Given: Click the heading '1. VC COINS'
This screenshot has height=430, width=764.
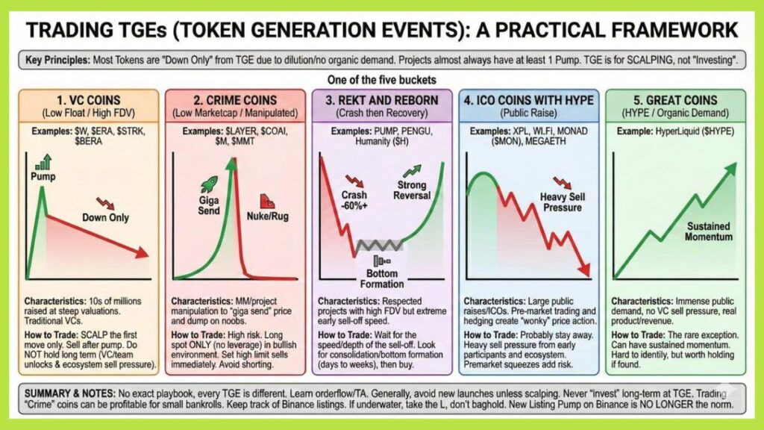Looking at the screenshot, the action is coord(89,101).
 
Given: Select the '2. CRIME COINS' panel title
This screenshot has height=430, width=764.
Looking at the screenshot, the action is coord(235,101).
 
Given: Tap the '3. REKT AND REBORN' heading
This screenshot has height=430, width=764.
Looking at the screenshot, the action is coord(382,101).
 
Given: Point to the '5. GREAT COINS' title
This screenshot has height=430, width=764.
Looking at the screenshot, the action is coord(675,101).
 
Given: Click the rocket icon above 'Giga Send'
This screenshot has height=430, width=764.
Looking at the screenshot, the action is coord(210,184).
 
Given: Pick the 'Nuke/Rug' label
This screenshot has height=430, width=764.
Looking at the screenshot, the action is coord(268,216).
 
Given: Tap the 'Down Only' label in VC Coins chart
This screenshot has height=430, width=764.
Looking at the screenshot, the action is coord(105,217).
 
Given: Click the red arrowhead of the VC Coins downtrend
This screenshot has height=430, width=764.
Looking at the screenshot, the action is coord(143,252).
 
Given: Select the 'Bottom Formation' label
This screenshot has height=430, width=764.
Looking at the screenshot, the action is coord(382,278).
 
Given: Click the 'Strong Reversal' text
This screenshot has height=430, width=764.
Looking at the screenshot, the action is coord(412,190).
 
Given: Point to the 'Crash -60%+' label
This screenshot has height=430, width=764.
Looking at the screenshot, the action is coord(354,200).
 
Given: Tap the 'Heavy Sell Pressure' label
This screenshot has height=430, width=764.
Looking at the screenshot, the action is coord(563,202).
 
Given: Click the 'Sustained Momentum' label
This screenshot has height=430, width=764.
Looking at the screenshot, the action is coord(709,231).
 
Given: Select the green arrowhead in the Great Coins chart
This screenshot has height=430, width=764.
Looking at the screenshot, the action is coord(730,169).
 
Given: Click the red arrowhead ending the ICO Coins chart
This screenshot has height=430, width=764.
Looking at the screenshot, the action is coord(584,269).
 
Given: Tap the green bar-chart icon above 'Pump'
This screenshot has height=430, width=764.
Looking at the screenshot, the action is coord(44,162).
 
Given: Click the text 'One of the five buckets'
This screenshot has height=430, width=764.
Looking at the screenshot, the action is coord(382,79).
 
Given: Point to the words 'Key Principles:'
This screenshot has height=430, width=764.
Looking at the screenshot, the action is coord(57,60).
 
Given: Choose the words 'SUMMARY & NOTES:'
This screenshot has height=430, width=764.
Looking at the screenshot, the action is coord(69,393).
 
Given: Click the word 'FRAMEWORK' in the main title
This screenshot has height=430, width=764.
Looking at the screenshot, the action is coord(674,30).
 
